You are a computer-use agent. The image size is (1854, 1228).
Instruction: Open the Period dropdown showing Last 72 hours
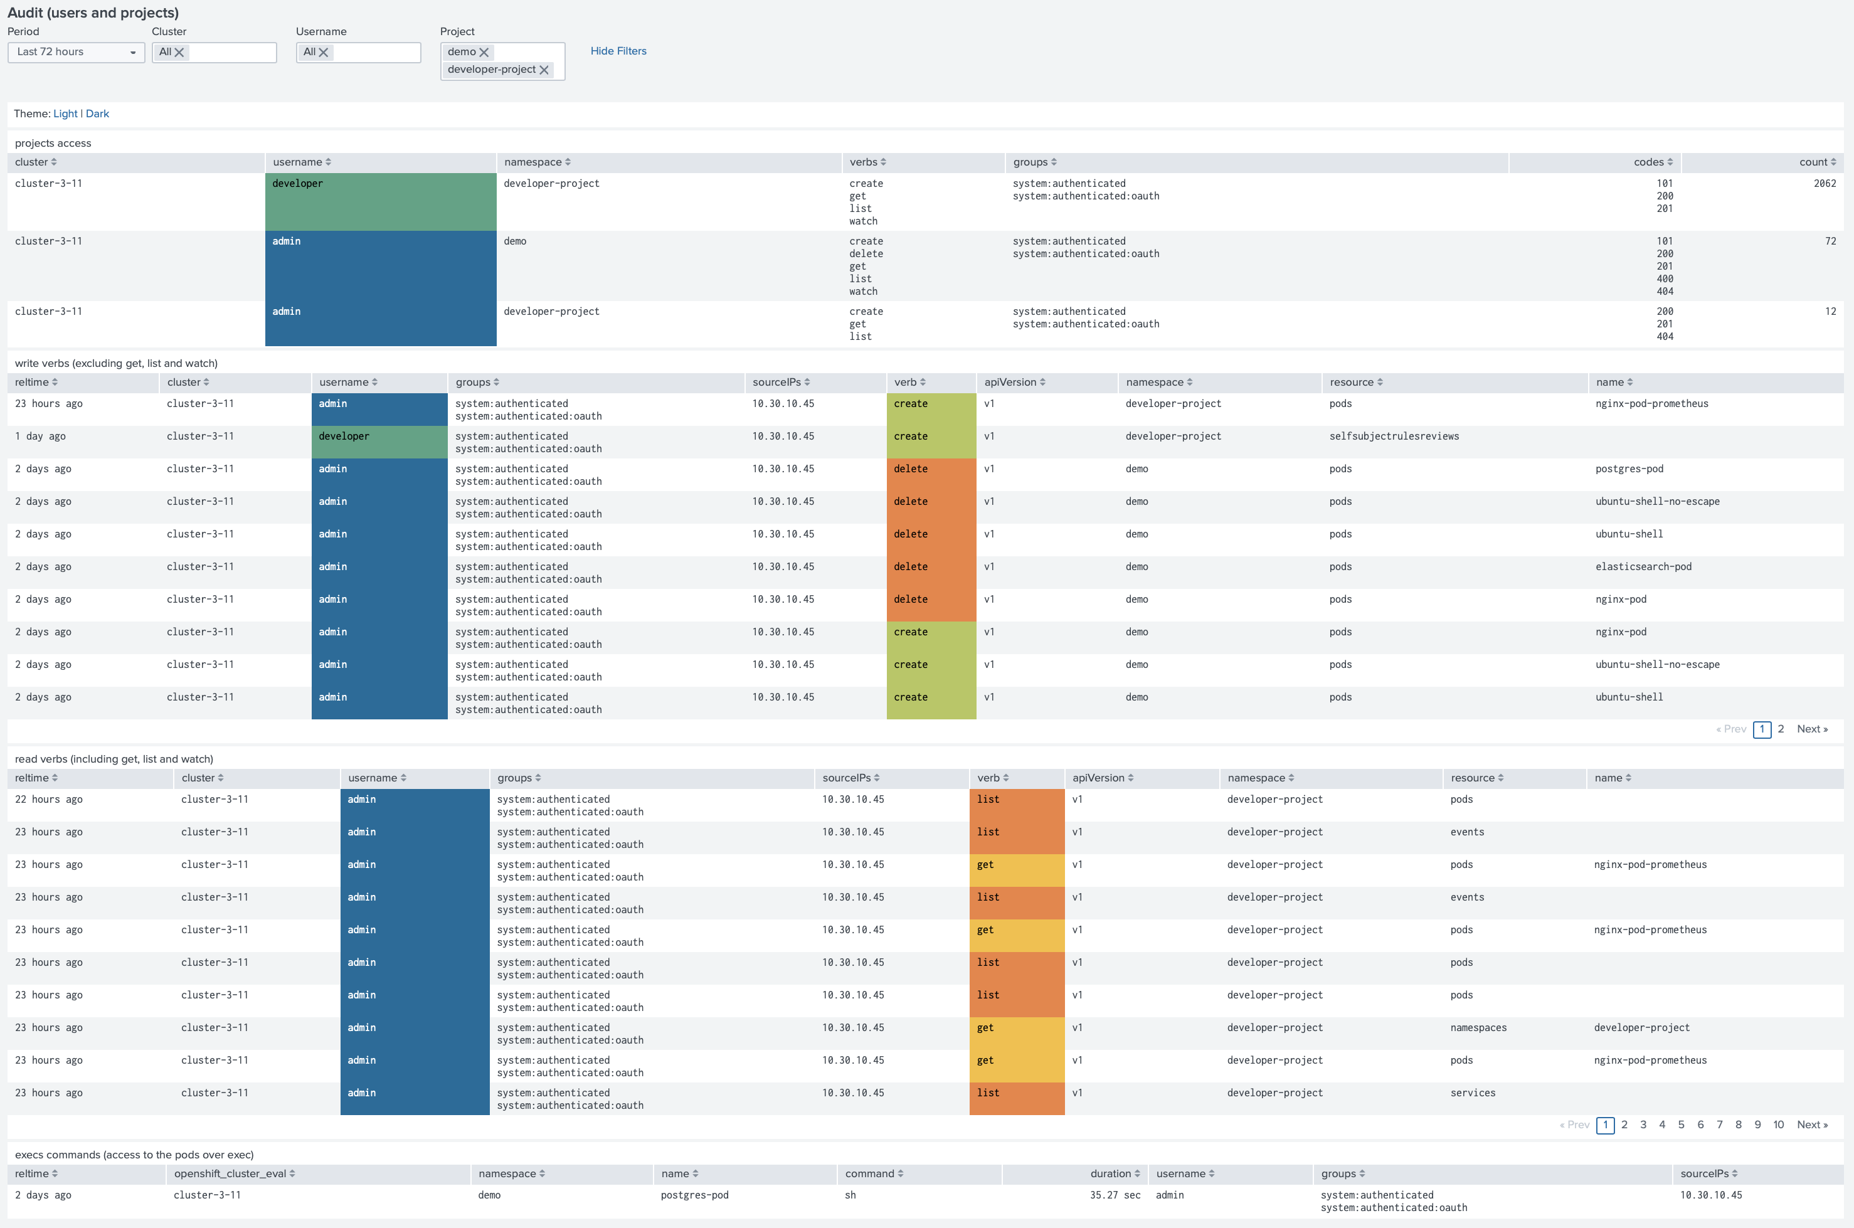coord(76,51)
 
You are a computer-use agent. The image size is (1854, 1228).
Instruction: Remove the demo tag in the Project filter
coord(484,53)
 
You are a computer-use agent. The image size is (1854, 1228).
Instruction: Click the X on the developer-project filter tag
coord(544,70)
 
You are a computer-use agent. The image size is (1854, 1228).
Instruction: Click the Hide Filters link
coord(618,51)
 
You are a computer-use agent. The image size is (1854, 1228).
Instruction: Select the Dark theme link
coord(97,114)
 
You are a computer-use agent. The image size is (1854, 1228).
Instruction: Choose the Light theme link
coord(65,114)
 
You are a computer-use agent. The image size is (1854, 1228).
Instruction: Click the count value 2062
coord(1825,183)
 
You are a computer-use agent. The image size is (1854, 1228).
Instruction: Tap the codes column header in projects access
coord(1653,162)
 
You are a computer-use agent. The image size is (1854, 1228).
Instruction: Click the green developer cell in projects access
coord(381,202)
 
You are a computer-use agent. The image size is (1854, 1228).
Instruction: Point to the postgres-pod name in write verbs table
coord(1629,469)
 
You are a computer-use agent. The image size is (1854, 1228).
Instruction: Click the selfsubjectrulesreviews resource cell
coord(1394,437)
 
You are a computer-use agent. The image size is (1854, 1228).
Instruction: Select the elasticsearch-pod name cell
coord(1643,567)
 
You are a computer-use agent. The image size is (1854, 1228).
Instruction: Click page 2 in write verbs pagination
coord(1781,729)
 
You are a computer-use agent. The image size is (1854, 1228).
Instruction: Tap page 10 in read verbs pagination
coord(1778,1125)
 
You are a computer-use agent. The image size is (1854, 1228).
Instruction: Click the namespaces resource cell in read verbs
coord(1478,1027)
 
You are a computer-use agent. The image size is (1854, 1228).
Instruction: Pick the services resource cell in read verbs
coord(1473,1093)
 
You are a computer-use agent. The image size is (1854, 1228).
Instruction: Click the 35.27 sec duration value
coord(1115,1195)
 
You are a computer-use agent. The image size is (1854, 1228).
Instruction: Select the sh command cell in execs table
coord(850,1195)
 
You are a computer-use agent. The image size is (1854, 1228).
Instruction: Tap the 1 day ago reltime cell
coord(41,437)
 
